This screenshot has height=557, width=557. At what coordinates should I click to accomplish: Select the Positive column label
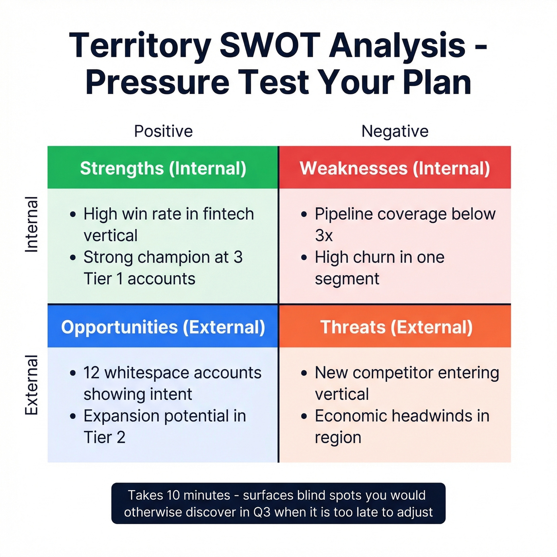(x=163, y=131)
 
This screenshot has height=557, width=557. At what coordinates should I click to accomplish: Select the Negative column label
(x=395, y=131)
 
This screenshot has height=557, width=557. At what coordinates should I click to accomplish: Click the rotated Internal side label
(x=31, y=224)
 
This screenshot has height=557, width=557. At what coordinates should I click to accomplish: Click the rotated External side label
(x=31, y=385)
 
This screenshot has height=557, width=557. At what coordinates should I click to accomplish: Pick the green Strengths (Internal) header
(x=163, y=168)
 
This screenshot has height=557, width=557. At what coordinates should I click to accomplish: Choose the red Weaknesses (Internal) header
(x=395, y=168)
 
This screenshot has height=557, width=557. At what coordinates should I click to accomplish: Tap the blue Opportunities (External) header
(x=163, y=327)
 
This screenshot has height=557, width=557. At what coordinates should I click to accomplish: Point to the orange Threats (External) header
(x=396, y=327)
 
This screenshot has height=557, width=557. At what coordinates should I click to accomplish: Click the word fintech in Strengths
(x=228, y=214)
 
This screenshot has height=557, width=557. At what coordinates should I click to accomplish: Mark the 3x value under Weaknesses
(x=323, y=236)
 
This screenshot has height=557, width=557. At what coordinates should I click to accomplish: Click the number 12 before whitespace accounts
(x=91, y=373)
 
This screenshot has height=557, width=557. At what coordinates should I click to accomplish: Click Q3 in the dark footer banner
(x=262, y=512)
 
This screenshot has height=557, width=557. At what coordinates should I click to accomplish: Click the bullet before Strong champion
(x=72, y=258)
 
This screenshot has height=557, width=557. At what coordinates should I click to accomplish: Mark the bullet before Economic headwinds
(x=304, y=417)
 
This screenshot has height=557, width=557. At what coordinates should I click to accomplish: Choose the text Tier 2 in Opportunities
(x=104, y=438)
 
